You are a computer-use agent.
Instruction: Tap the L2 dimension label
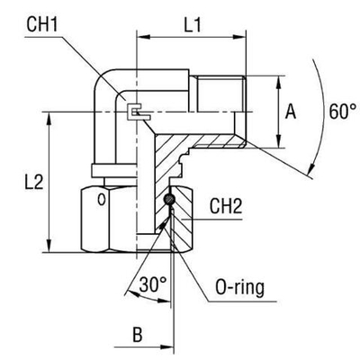tap(22, 184)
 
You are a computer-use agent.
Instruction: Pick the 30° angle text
tap(153, 285)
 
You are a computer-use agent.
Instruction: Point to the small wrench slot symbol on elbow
tap(137, 112)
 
